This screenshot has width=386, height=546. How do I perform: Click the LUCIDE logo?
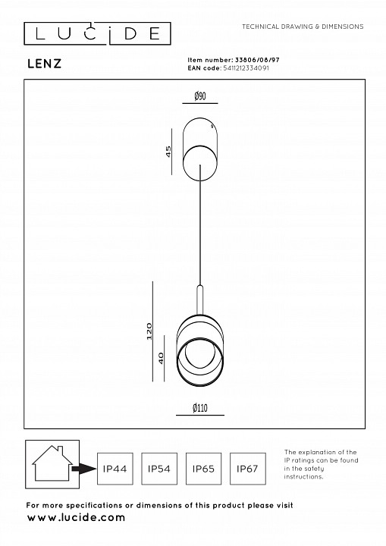(x=97, y=34)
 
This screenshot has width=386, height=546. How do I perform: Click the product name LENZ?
(x=44, y=64)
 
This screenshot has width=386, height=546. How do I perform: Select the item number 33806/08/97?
(x=257, y=60)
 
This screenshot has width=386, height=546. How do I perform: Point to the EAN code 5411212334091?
(x=246, y=68)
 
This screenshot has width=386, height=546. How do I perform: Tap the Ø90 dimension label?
(x=200, y=96)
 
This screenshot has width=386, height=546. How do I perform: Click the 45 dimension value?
(x=168, y=152)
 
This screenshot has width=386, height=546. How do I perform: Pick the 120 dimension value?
(x=149, y=331)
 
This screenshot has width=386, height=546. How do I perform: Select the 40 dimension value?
(x=161, y=358)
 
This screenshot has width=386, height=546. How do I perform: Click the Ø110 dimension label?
(x=200, y=408)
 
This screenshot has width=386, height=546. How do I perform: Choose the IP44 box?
(x=115, y=469)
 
